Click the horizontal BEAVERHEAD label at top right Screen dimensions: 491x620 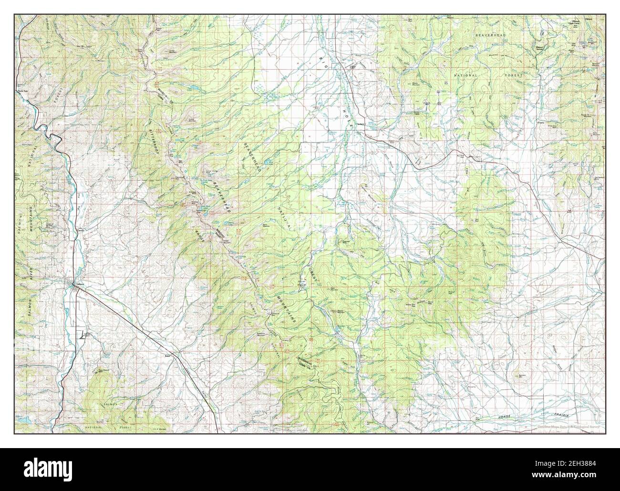pos(491,36)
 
